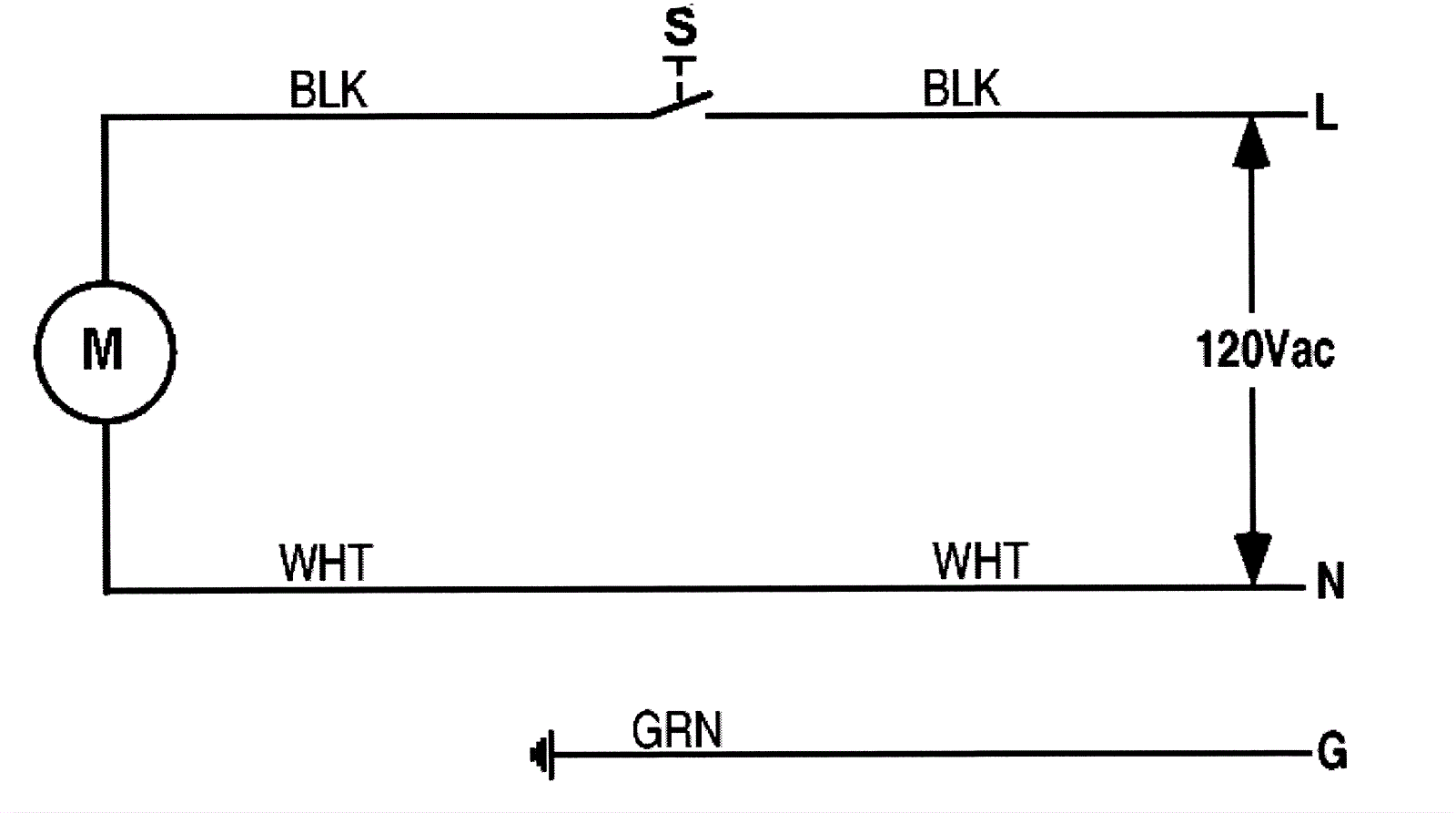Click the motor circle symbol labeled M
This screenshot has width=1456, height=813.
[105, 351]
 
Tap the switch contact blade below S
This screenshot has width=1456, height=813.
[681, 104]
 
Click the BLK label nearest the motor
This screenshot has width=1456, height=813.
[328, 90]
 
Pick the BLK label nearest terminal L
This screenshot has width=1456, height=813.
[961, 89]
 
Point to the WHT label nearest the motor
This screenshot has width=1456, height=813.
[326, 563]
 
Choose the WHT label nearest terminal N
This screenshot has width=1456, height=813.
[980, 561]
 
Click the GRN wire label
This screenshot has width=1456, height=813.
[677, 730]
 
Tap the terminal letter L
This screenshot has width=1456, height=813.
[1326, 114]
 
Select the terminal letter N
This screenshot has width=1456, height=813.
[1330, 581]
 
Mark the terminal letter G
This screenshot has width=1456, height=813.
[1331, 753]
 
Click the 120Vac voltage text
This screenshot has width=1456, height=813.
[1265, 350]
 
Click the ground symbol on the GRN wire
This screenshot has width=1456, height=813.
[541, 755]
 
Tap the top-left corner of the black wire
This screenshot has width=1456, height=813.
[106, 117]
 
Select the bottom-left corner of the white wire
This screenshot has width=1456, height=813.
[106, 590]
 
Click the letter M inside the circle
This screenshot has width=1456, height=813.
[102, 350]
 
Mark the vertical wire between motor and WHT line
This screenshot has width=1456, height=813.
[106, 505]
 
